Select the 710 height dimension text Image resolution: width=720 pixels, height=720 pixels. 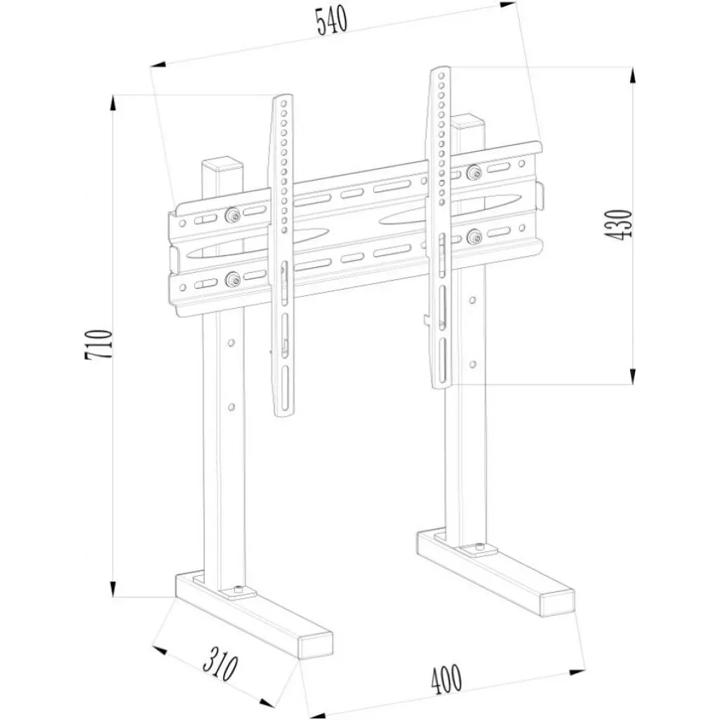[98, 345]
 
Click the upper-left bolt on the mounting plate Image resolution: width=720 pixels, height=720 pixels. [231, 216]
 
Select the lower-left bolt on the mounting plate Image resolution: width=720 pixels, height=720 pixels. [231, 281]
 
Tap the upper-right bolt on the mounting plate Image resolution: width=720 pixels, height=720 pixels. [473, 172]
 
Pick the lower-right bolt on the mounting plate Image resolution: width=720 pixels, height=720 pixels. [473, 236]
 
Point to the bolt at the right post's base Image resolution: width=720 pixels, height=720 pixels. [479, 547]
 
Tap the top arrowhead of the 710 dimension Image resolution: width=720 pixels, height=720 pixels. [113, 102]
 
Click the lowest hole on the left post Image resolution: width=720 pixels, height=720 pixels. [230, 407]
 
